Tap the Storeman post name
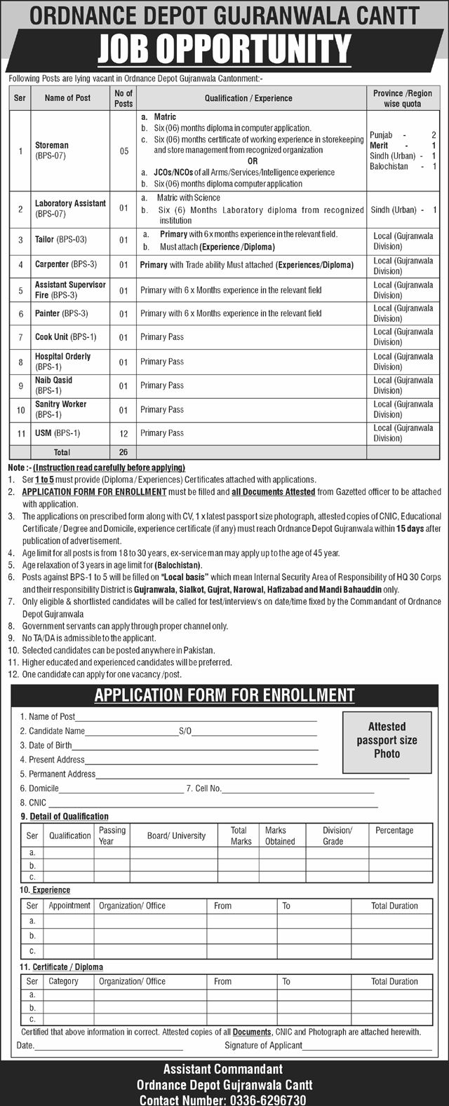tap(52, 146)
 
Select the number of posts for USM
tap(123, 434)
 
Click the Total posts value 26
tap(123, 453)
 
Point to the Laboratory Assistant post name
tap(70, 203)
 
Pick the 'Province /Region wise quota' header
tap(403, 98)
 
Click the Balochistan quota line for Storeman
tap(403, 166)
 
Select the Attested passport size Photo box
tap(387, 740)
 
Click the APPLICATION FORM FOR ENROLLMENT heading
tap(224, 695)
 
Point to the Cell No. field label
tap(204, 788)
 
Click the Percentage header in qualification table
tap(394, 831)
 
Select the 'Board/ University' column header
tap(176, 835)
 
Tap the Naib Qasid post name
tap(53, 381)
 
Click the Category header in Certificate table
tap(63, 981)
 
